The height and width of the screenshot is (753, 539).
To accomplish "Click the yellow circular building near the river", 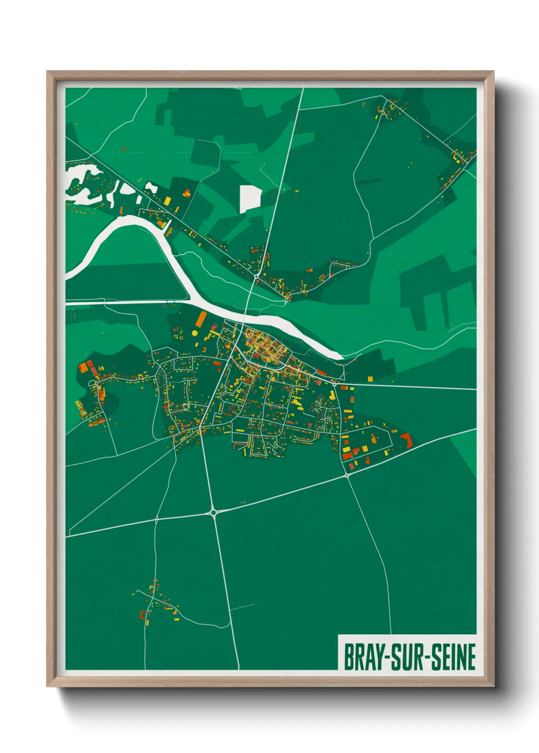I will [195, 333].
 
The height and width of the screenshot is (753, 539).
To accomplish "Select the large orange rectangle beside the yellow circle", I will [201, 320].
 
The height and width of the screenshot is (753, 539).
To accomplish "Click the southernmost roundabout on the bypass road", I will [213, 512].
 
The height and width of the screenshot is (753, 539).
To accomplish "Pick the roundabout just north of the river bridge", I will [256, 276].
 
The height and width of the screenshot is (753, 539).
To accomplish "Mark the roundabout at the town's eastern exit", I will [334, 384].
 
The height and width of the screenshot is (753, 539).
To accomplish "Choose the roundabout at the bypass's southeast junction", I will [346, 475].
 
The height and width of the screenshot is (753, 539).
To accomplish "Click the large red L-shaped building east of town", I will [407, 440].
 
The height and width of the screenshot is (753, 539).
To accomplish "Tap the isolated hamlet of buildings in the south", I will [155, 603].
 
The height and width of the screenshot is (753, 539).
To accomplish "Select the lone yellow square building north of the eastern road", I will [370, 378].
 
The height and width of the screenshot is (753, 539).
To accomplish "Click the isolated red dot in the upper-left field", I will [124, 150].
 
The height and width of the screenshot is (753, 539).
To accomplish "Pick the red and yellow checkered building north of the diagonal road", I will [186, 193].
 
